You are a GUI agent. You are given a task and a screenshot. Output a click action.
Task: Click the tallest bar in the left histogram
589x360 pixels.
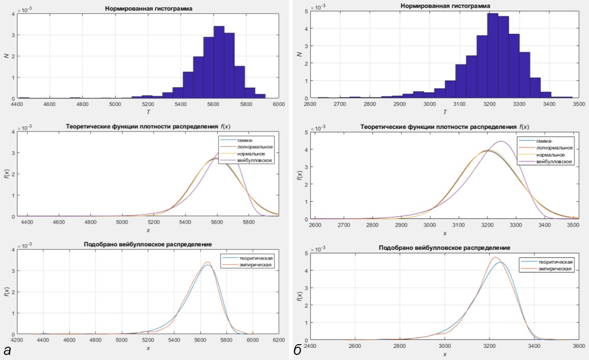(219, 62)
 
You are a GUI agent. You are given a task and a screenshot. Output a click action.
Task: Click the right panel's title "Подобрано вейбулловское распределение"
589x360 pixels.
(445, 247)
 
